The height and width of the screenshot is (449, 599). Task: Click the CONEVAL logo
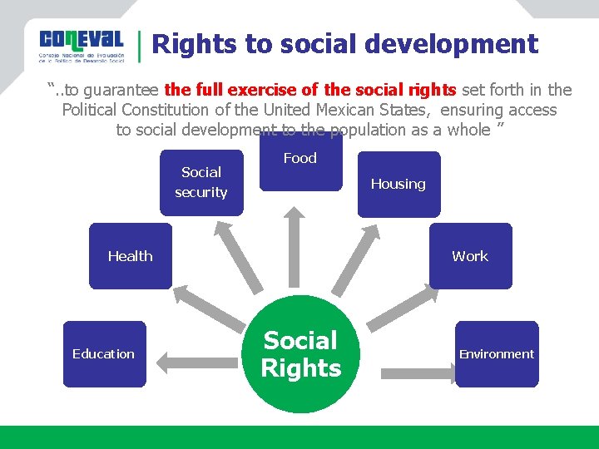point(81,46)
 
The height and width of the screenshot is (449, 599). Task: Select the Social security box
point(201,182)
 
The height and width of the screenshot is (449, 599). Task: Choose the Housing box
point(398,185)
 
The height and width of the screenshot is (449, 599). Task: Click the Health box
point(130,256)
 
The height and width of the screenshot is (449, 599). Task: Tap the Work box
point(470,256)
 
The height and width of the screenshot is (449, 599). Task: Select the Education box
point(104,354)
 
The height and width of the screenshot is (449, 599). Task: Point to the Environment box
point(497,354)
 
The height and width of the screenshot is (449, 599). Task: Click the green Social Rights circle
point(300,355)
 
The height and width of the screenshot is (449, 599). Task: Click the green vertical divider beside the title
point(139,46)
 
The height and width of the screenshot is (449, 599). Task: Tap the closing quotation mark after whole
point(501,128)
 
